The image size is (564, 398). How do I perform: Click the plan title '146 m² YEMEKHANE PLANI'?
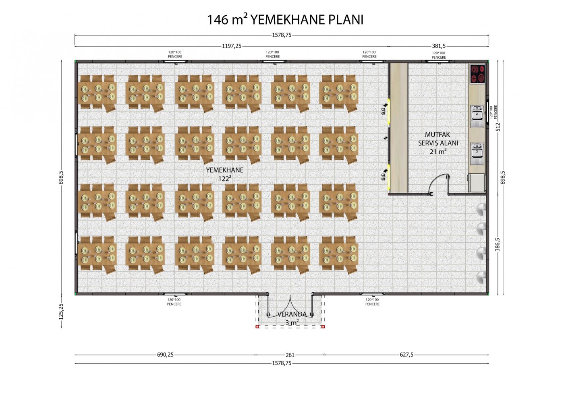click(x=285, y=20)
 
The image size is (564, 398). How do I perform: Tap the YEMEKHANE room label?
click(x=225, y=170)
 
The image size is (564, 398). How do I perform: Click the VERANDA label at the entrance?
click(x=292, y=314)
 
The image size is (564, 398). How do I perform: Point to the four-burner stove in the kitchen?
click(x=478, y=74)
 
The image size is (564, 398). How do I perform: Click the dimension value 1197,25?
click(x=232, y=46)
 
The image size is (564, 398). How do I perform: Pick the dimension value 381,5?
click(x=439, y=46)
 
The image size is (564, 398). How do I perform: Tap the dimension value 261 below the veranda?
click(x=290, y=355)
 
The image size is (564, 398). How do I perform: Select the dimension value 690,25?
click(x=166, y=355)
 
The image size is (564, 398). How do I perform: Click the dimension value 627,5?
click(x=406, y=355)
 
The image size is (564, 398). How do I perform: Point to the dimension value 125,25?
click(x=61, y=312)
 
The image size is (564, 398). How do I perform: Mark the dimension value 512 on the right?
click(x=498, y=127)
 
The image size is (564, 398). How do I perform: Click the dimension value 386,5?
click(x=498, y=245)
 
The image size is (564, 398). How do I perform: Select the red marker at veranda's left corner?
click(x=257, y=326)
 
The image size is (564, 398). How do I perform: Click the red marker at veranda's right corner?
click(x=323, y=326)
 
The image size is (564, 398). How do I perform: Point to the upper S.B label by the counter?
click(x=383, y=111)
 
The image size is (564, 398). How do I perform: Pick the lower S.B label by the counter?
click(x=383, y=177)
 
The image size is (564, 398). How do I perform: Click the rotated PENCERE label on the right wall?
click(x=496, y=112)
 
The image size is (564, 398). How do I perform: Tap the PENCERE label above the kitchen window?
click(x=439, y=58)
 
